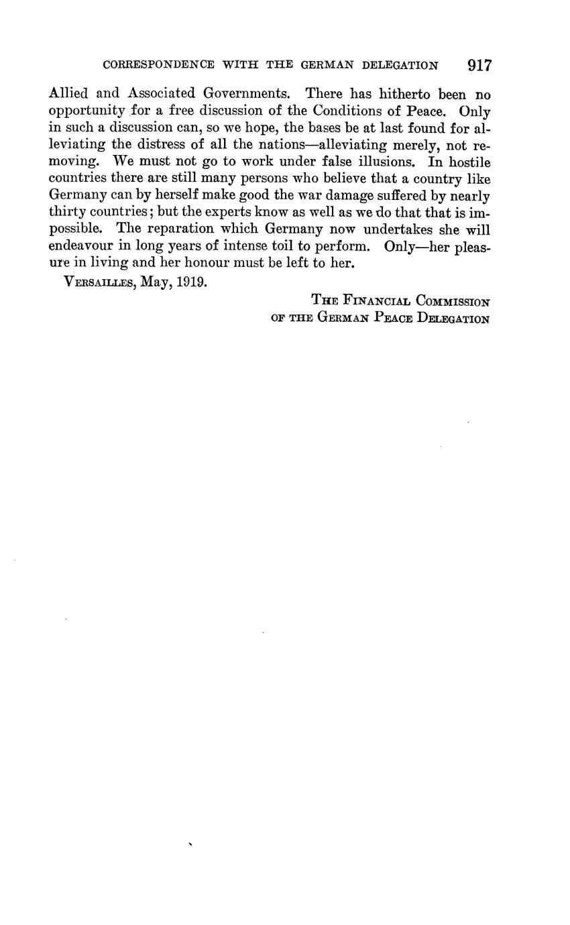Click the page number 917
[479, 65]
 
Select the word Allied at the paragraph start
[70, 94]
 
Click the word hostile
[469, 162]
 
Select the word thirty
[67, 213]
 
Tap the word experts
[227, 213]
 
